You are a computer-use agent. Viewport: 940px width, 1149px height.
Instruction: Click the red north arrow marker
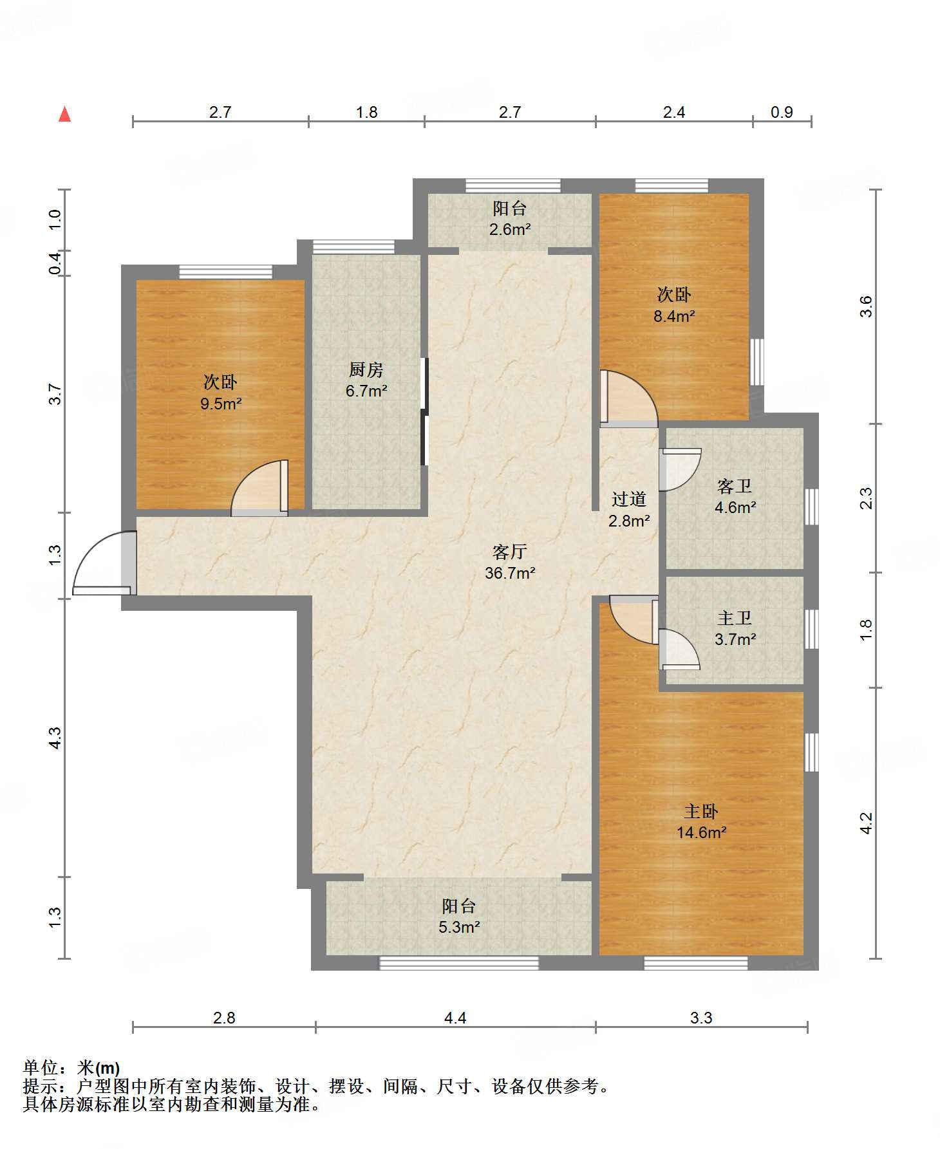(64, 114)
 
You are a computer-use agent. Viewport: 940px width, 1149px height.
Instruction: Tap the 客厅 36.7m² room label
(510, 562)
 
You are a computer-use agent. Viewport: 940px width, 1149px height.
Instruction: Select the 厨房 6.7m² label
(366, 380)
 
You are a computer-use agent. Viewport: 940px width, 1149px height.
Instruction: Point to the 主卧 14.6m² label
(701, 821)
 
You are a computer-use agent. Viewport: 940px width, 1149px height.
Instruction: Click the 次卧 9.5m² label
(221, 393)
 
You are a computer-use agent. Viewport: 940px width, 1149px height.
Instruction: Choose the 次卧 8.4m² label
(674, 305)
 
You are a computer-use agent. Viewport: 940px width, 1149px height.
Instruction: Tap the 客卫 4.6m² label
(735, 496)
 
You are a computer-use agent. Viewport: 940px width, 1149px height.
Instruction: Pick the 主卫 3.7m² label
(735, 629)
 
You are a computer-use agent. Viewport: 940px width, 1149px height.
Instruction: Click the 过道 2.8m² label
(629, 510)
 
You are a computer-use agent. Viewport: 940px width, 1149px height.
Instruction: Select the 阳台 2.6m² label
(510, 218)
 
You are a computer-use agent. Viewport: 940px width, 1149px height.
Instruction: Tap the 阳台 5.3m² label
(459, 916)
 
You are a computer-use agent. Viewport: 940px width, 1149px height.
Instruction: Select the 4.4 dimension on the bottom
(455, 1018)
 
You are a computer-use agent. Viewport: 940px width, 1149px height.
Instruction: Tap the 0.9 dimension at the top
(782, 112)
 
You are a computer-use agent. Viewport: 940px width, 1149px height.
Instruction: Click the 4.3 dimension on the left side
(55, 738)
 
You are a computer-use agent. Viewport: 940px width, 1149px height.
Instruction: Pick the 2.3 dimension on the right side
(867, 498)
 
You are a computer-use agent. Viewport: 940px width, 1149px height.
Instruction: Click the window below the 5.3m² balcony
(458, 963)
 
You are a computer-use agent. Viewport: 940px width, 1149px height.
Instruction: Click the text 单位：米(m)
(71, 1068)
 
